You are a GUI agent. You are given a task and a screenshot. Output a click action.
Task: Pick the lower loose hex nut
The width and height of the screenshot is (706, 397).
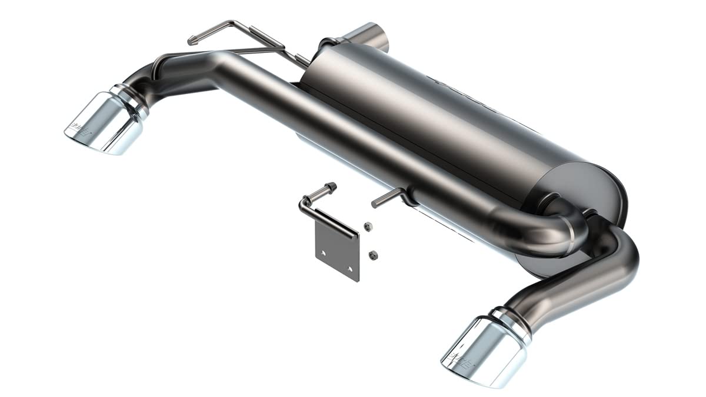pos(371,254)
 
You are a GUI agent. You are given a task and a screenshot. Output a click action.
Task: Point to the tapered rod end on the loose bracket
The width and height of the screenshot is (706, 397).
pos(331,187)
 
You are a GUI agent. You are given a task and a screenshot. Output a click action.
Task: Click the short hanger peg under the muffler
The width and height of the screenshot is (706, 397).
pos(385,198)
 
